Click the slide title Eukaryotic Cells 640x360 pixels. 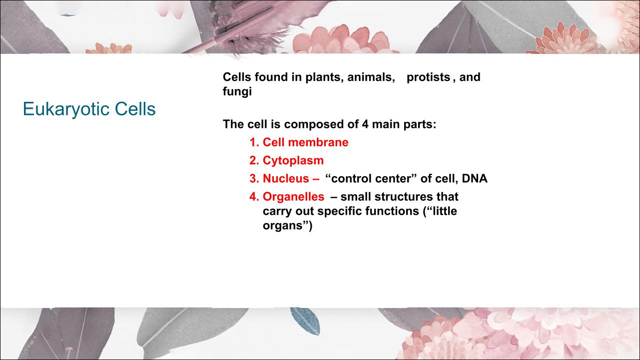tap(89, 109)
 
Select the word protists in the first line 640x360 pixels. tap(428, 77)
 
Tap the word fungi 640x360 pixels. tap(237, 92)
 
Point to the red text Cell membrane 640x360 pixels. tap(305, 142)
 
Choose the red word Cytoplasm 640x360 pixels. tap(293, 161)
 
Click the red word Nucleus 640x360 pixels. tap(286, 178)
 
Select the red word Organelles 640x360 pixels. tap(293, 197)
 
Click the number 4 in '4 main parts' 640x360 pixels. tap(365, 124)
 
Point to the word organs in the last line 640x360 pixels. tap(282, 226)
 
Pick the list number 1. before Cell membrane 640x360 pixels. tap(254, 142)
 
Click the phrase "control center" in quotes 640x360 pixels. tap(371, 178)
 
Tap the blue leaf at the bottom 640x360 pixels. tap(305, 321)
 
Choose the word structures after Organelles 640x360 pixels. tap(403, 197)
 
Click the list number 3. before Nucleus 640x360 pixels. tap(254, 178)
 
